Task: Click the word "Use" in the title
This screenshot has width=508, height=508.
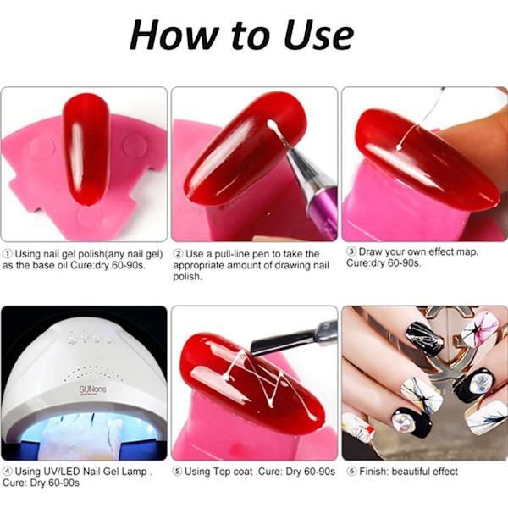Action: click(320, 35)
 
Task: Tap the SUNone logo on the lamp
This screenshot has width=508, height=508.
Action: click(92, 389)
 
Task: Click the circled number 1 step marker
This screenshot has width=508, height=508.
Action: click(8, 254)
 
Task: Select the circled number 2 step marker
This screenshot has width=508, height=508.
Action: click(179, 254)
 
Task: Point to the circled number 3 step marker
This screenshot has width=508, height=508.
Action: click(351, 251)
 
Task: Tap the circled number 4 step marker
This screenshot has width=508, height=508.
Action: click(8, 471)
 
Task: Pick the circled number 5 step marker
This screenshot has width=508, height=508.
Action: click(177, 472)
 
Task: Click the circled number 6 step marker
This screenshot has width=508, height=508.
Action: click(352, 472)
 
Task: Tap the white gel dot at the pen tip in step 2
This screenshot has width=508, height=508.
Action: click(270, 124)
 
